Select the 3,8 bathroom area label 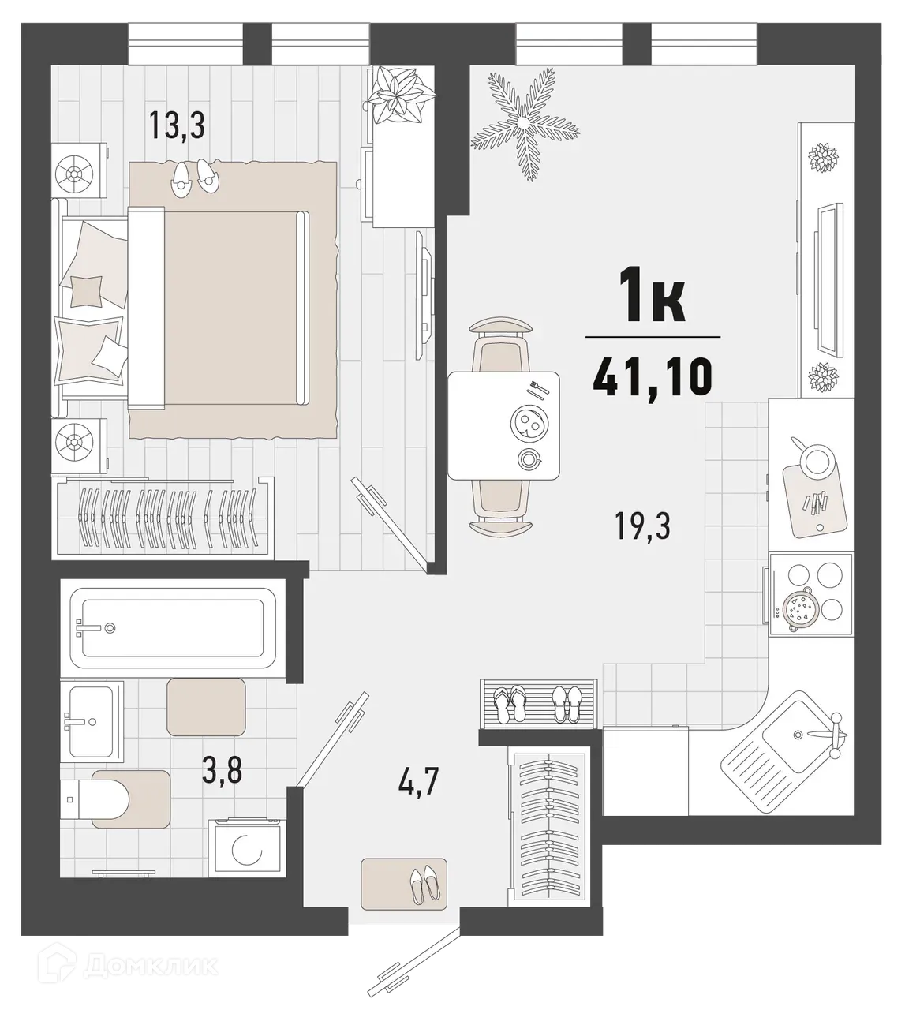[222, 769]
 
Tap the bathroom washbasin [91, 720]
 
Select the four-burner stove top [811, 587]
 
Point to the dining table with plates [503, 426]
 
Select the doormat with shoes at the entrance [404, 883]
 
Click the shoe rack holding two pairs [536, 701]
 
